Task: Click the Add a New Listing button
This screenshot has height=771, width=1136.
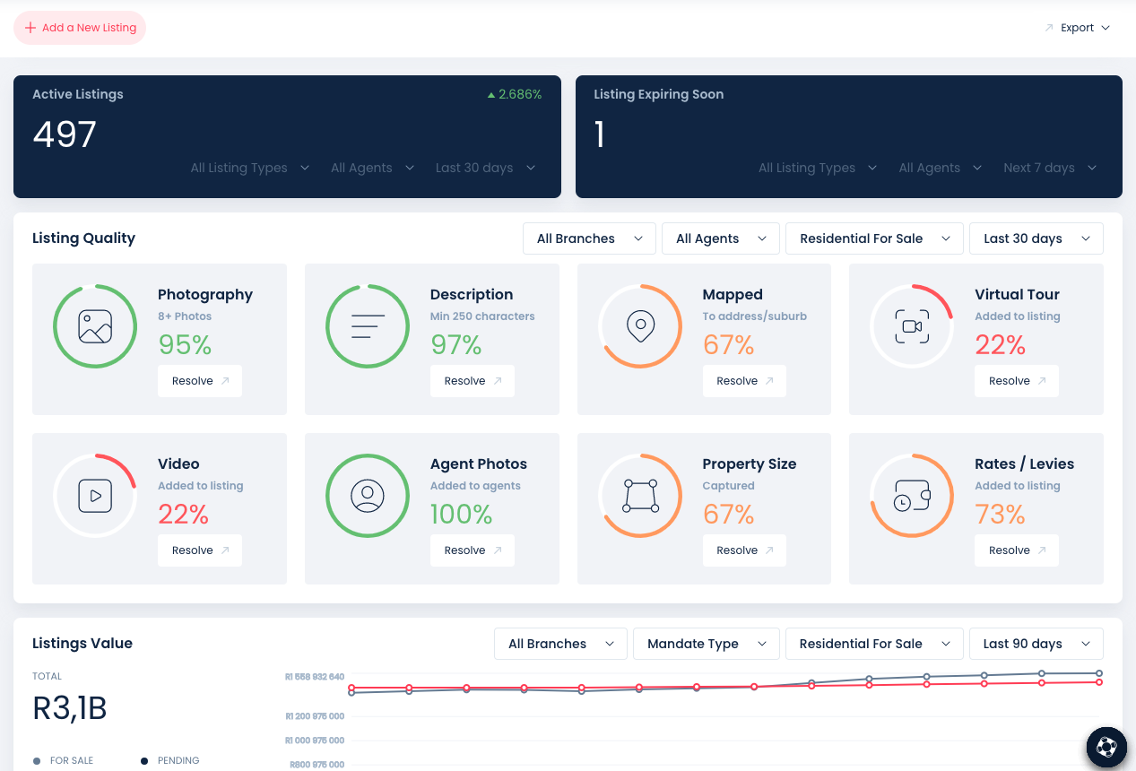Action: coord(80,28)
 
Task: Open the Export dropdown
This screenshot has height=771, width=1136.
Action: coord(1078,28)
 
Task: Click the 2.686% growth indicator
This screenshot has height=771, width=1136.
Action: coord(515,94)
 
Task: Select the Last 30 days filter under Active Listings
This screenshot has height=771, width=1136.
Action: coord(485,168)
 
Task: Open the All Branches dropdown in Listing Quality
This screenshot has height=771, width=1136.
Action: coord(589,238)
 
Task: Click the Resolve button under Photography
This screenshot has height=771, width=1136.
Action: coord(200,381)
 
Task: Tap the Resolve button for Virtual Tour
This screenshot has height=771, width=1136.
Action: coord(1016,381)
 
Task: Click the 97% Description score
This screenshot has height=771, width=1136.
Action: coord(455,345)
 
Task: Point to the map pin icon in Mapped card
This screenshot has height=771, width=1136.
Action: coord(640,326)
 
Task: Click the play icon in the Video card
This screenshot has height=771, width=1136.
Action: coord(95,496)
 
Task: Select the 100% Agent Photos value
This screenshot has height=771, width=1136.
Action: coord(461,515)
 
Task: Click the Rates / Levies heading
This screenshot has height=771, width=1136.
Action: coord(1024,463)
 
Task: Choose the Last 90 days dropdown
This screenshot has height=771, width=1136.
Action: coord(1036,644)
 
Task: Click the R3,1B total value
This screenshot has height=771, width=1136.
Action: coord(70,708)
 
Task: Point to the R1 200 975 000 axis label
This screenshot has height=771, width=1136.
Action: coord(314,716)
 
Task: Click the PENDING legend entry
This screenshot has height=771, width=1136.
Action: coord(178,760)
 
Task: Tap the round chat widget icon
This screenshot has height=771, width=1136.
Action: coord(1106,747)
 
